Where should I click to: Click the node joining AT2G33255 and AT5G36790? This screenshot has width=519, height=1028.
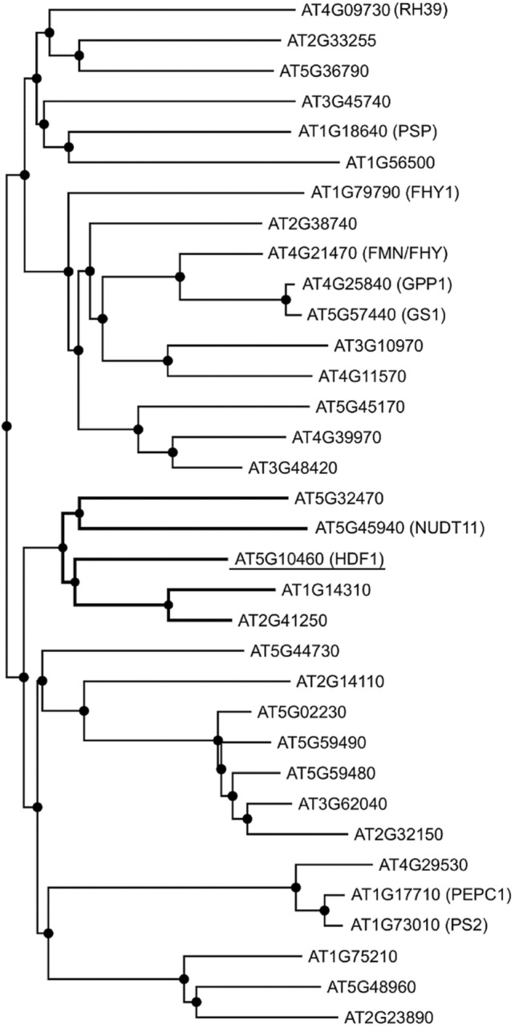(79, 55)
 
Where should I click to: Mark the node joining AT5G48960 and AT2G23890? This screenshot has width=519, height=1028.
(196, 1002)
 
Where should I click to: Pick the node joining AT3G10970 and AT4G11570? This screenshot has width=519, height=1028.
(168, 362)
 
